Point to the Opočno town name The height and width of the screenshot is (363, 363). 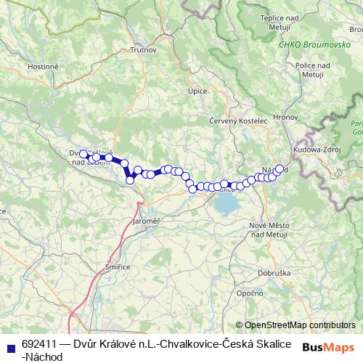[249, 293]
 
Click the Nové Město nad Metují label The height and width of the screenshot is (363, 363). [272, 229]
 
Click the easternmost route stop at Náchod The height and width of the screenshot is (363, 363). [279, 168]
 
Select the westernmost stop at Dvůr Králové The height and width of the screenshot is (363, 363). [83, 154]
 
